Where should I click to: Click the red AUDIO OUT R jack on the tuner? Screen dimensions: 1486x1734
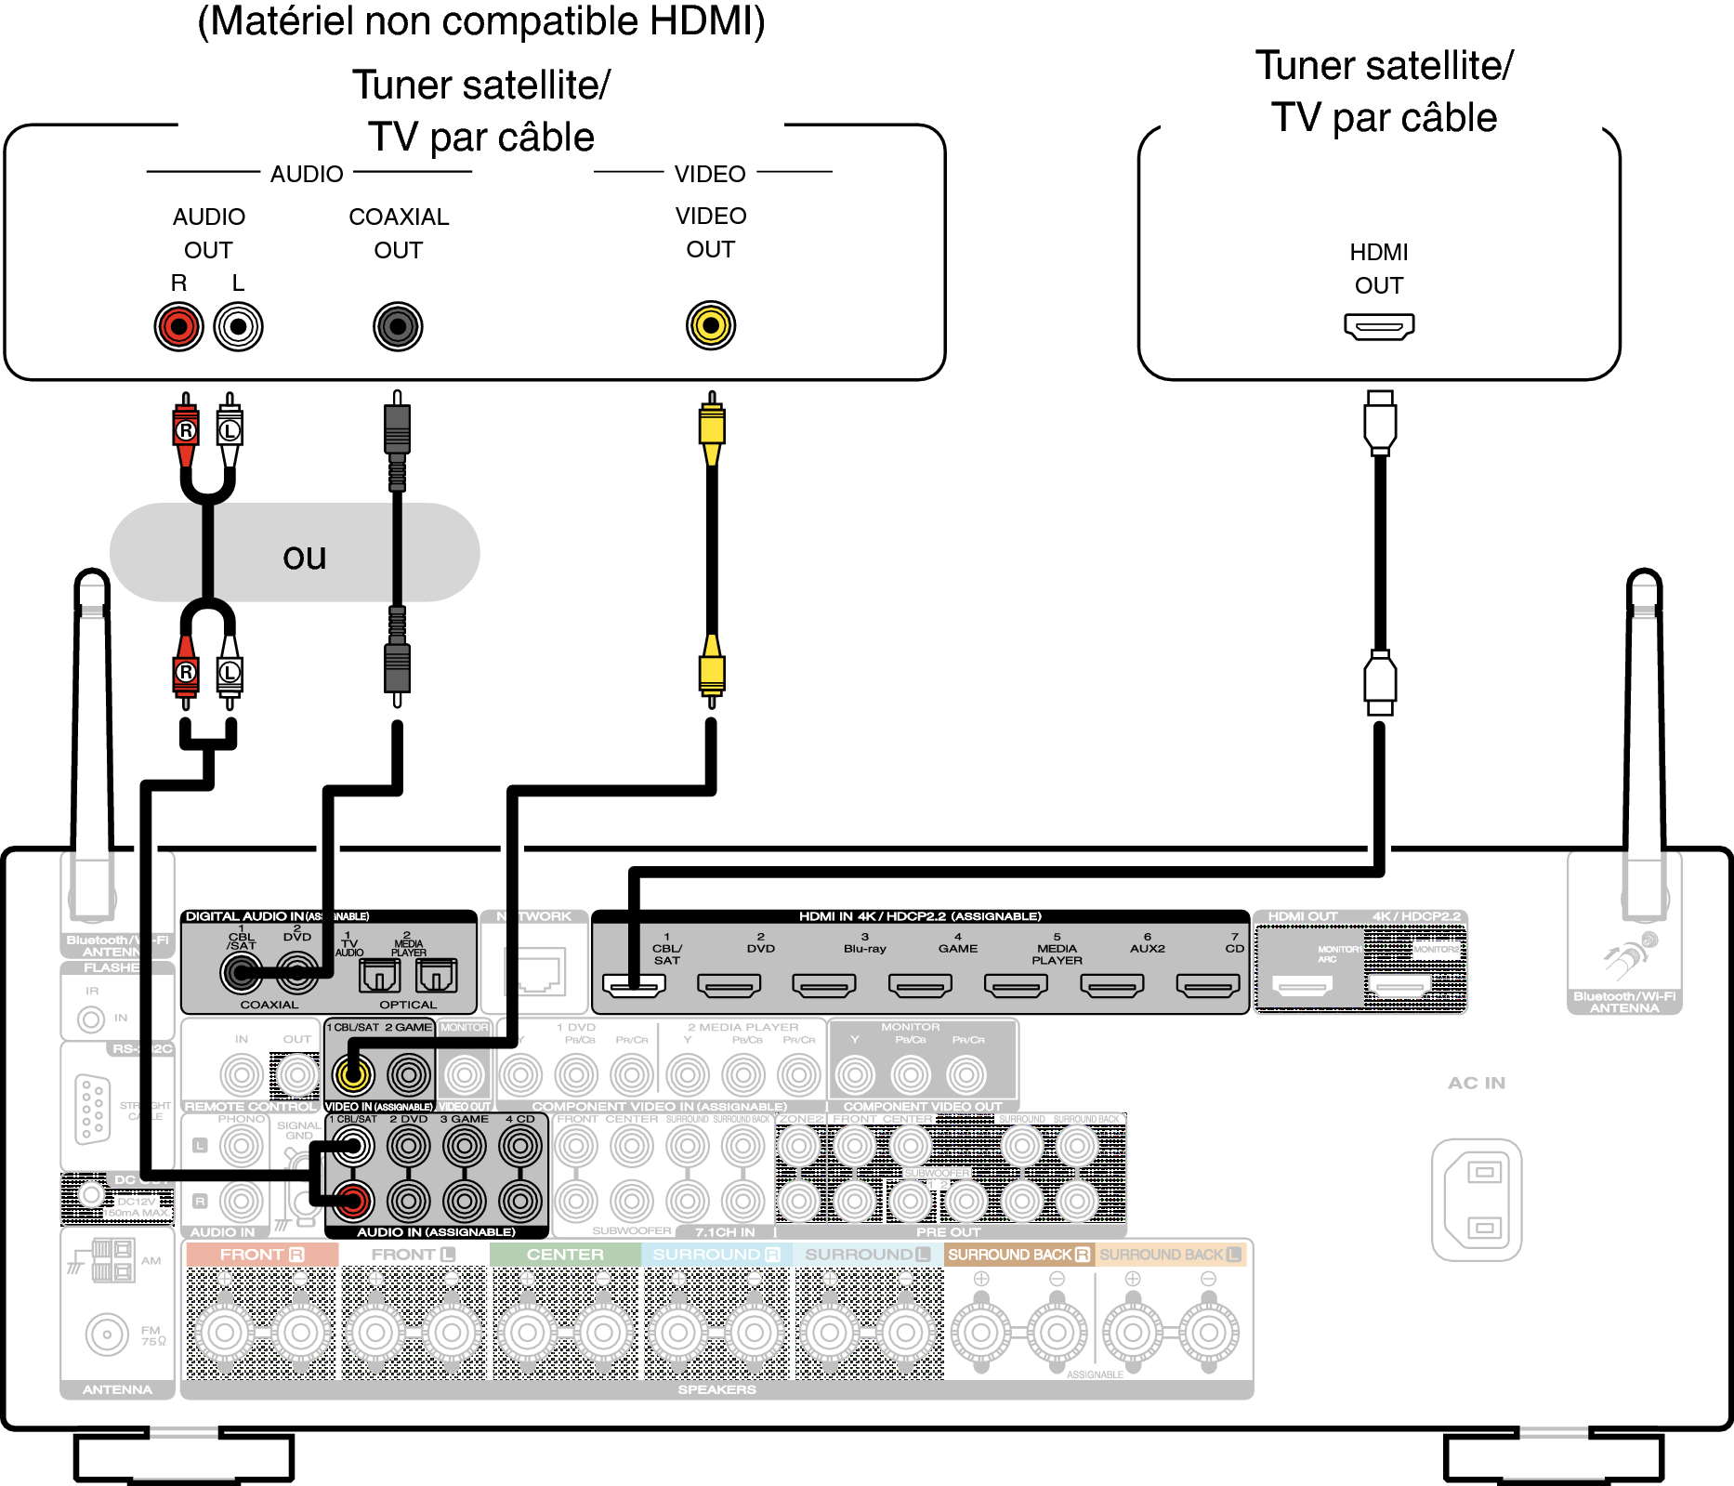click(178, 327)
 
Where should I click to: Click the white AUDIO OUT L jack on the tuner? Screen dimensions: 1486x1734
click(239, 327)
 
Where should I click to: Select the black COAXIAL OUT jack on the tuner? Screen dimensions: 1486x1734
click(398, 327)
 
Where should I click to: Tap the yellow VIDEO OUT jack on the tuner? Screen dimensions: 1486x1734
click(711, 326)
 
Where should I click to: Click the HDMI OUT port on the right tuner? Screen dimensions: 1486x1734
click(1379, 327)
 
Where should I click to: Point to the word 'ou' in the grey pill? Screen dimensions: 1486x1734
click(305, 556)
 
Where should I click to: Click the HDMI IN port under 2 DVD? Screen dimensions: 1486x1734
click(729, 985)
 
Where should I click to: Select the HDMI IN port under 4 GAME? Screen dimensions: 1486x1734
click(920, 985)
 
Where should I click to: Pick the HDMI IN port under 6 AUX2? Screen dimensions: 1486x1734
click(1112, 985)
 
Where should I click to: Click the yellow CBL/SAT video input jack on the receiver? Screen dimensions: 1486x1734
click(353, 1075)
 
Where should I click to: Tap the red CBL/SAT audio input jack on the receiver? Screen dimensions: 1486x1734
click(353, 1201)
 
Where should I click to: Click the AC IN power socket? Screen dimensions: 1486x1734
click(1477, 1200)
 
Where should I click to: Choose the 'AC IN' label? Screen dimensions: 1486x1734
click(1477, 1083)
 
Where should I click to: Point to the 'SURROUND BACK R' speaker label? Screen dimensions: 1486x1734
click(1018, 1255)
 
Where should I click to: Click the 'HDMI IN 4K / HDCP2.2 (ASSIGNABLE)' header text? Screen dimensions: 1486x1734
click(920, 916)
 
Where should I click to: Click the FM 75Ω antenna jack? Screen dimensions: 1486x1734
click(107, 1335)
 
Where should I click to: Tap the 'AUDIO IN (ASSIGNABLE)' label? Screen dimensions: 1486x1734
click(436, 1232)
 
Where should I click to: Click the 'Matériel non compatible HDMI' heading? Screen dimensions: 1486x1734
click(481, 21)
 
